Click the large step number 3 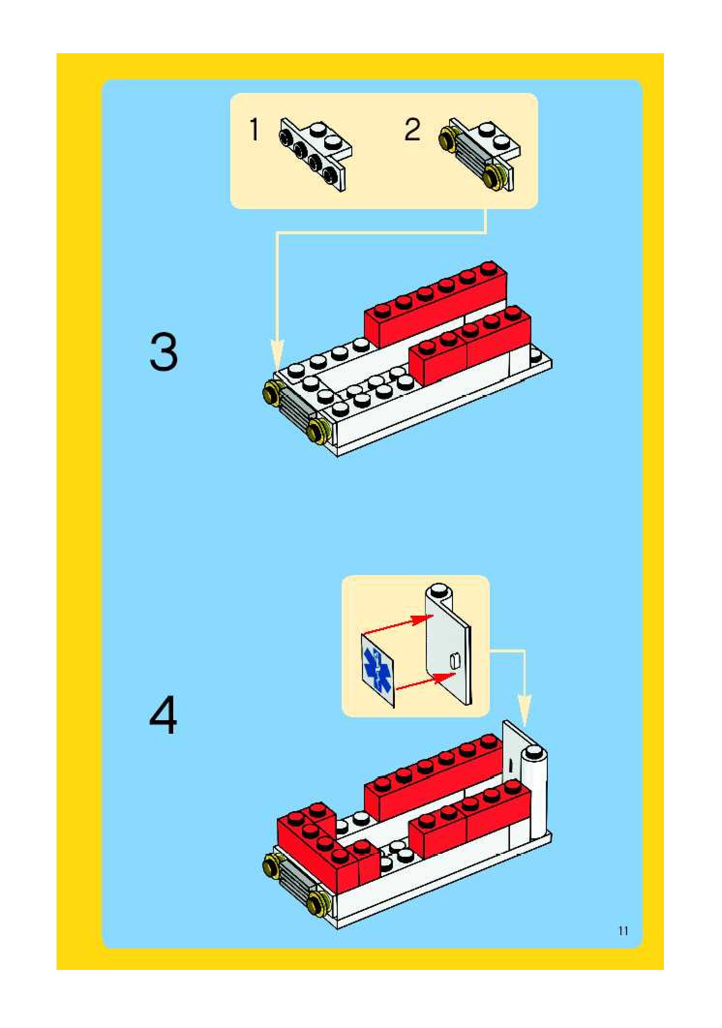164,351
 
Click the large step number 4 164,715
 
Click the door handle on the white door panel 454,661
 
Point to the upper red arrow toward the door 398,625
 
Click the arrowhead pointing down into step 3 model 277,355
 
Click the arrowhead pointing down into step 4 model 524,711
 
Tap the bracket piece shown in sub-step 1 315,154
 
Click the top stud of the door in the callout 438,590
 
